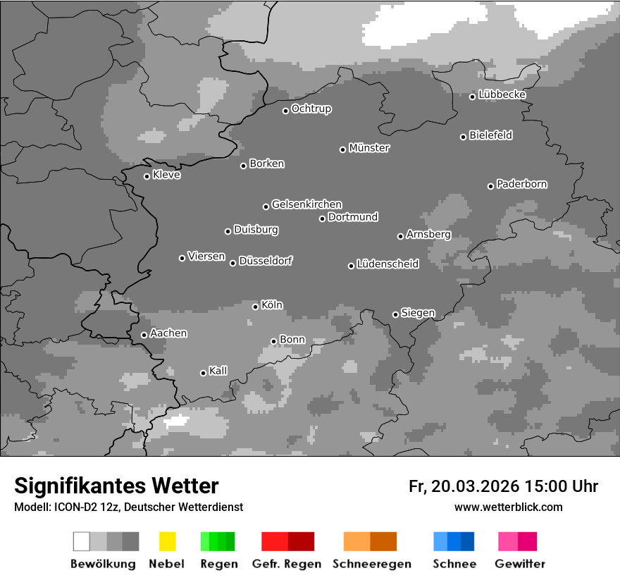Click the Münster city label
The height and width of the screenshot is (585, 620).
click(x=369, y=148)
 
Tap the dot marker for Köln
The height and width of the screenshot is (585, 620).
click(x=255, y=307)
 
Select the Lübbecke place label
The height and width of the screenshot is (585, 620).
click(x=502, y=94)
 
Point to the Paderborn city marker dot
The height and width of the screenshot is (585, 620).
click(x=490, y=186)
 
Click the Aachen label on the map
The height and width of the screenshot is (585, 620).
click(x=168, y=333)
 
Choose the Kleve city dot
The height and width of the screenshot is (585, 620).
click(x=147, y=176)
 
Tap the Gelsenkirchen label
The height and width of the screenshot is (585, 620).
click(x=306, y=204)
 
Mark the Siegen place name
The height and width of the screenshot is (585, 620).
click(x=418, y=313)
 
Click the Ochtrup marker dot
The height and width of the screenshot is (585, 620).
click(x=285, y=111)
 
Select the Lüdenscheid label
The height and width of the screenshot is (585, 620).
click(x=387, y=264)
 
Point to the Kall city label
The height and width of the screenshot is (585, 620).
click(x=218, y=371)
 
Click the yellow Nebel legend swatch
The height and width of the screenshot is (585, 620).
click(x=167, y=541)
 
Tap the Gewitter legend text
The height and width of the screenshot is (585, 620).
click(x=520, y=564)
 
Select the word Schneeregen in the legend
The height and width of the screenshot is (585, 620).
click(x=372, y=564)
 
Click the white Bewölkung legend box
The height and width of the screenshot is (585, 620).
click(x=82, y=541)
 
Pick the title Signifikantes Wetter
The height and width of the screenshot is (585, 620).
click(x=117, y=486)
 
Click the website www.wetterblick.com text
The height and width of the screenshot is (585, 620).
click(x=508, y=507)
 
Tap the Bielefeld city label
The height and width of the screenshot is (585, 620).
click(x=490, y=135)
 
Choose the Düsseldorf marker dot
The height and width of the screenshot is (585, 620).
click(x=232, y=263)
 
